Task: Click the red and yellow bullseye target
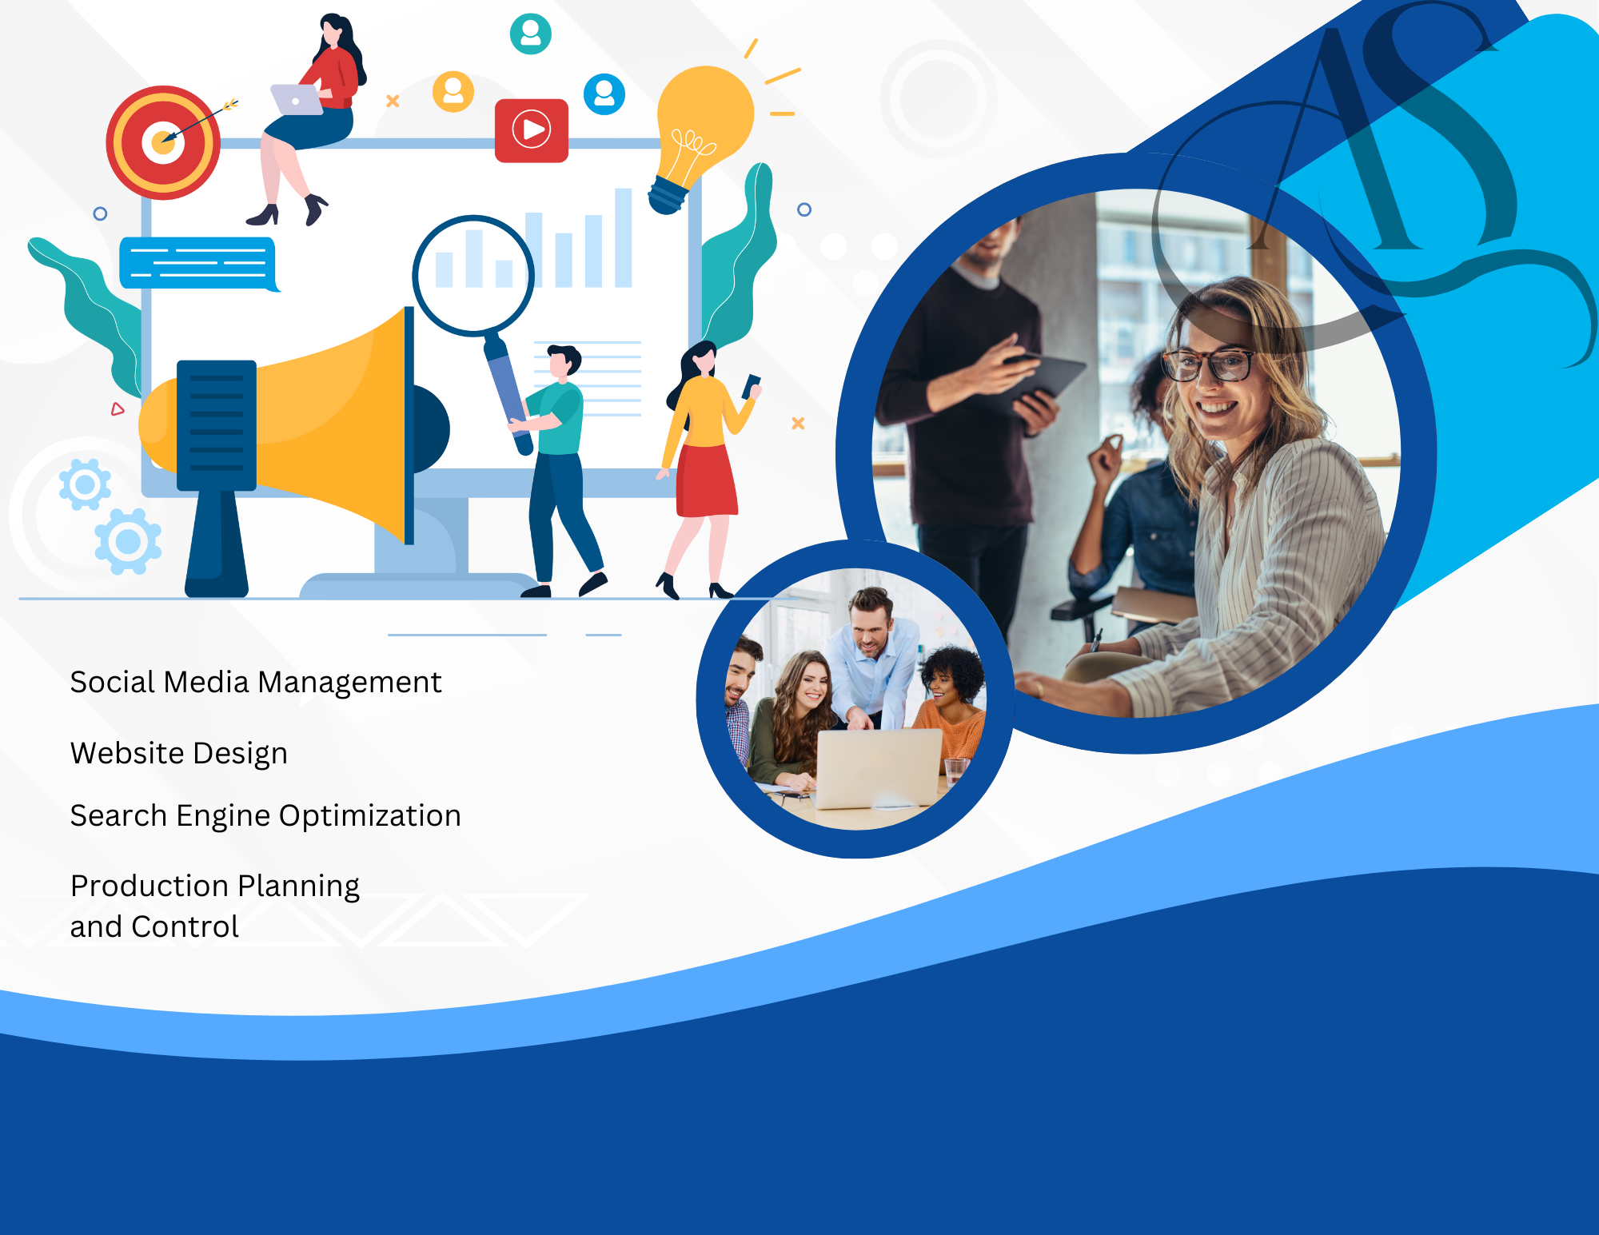pos(163,142)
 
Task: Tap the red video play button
pos(532,130)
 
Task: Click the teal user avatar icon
pos(531,34)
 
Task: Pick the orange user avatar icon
pos(453,91)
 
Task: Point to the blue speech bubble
pos(198,263)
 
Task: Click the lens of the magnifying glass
pos(473,275)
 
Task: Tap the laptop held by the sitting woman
pos(296,100)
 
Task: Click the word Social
pos(113,682)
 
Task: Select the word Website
pos(128,753)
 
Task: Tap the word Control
pos(185,926)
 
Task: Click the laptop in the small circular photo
pos(879,768)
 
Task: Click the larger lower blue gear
pos(128,542)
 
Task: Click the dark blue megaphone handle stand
pos(217,544)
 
